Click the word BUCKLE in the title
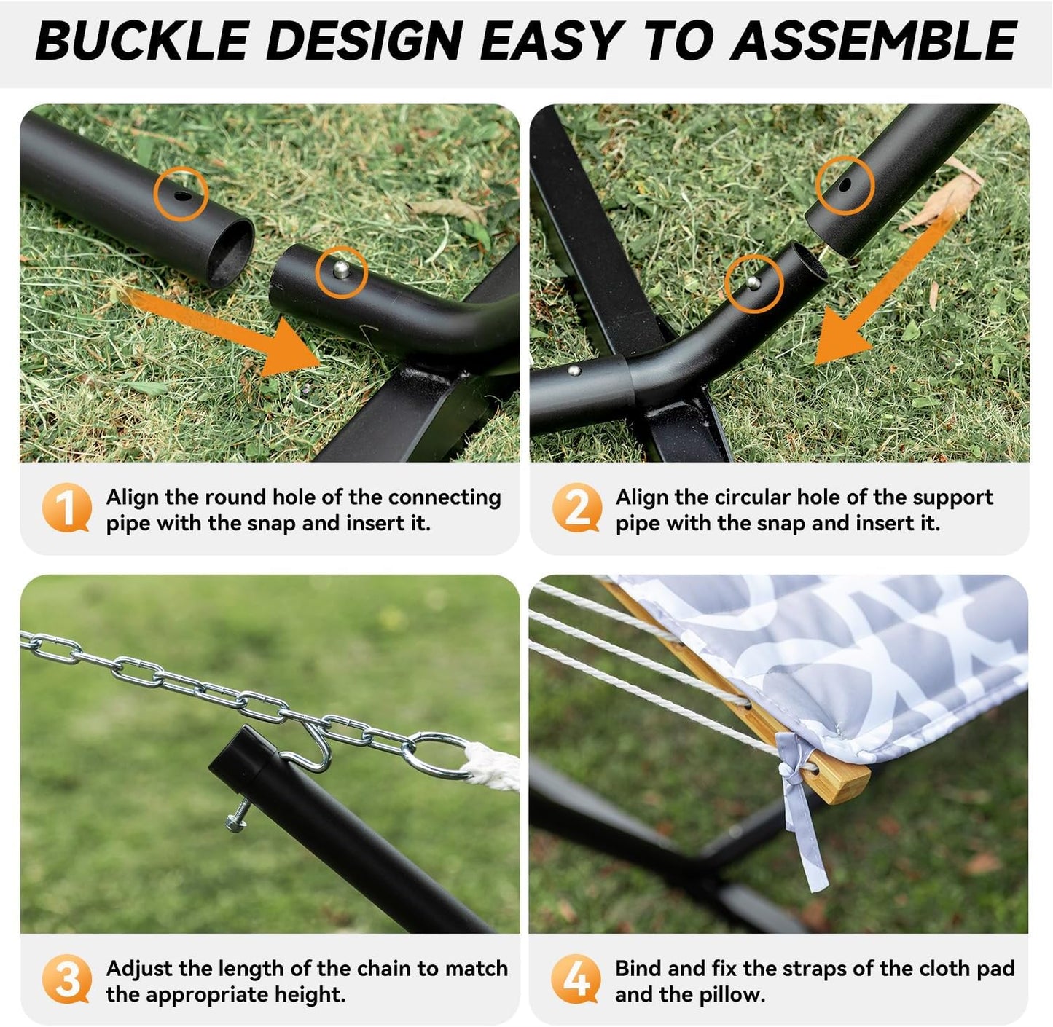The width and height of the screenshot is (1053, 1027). click(142, 42)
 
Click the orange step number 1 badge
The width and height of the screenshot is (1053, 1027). click(66, 508)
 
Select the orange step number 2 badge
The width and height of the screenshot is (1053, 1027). click(576, 508)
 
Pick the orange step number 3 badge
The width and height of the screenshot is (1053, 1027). click(66, 979)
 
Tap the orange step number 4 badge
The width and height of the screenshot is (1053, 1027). click(576, 979)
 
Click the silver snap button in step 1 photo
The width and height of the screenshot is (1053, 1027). click(340, 271)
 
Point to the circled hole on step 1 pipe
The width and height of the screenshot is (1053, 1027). click(180, 194)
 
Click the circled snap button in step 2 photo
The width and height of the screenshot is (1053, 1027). click(752, 283)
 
